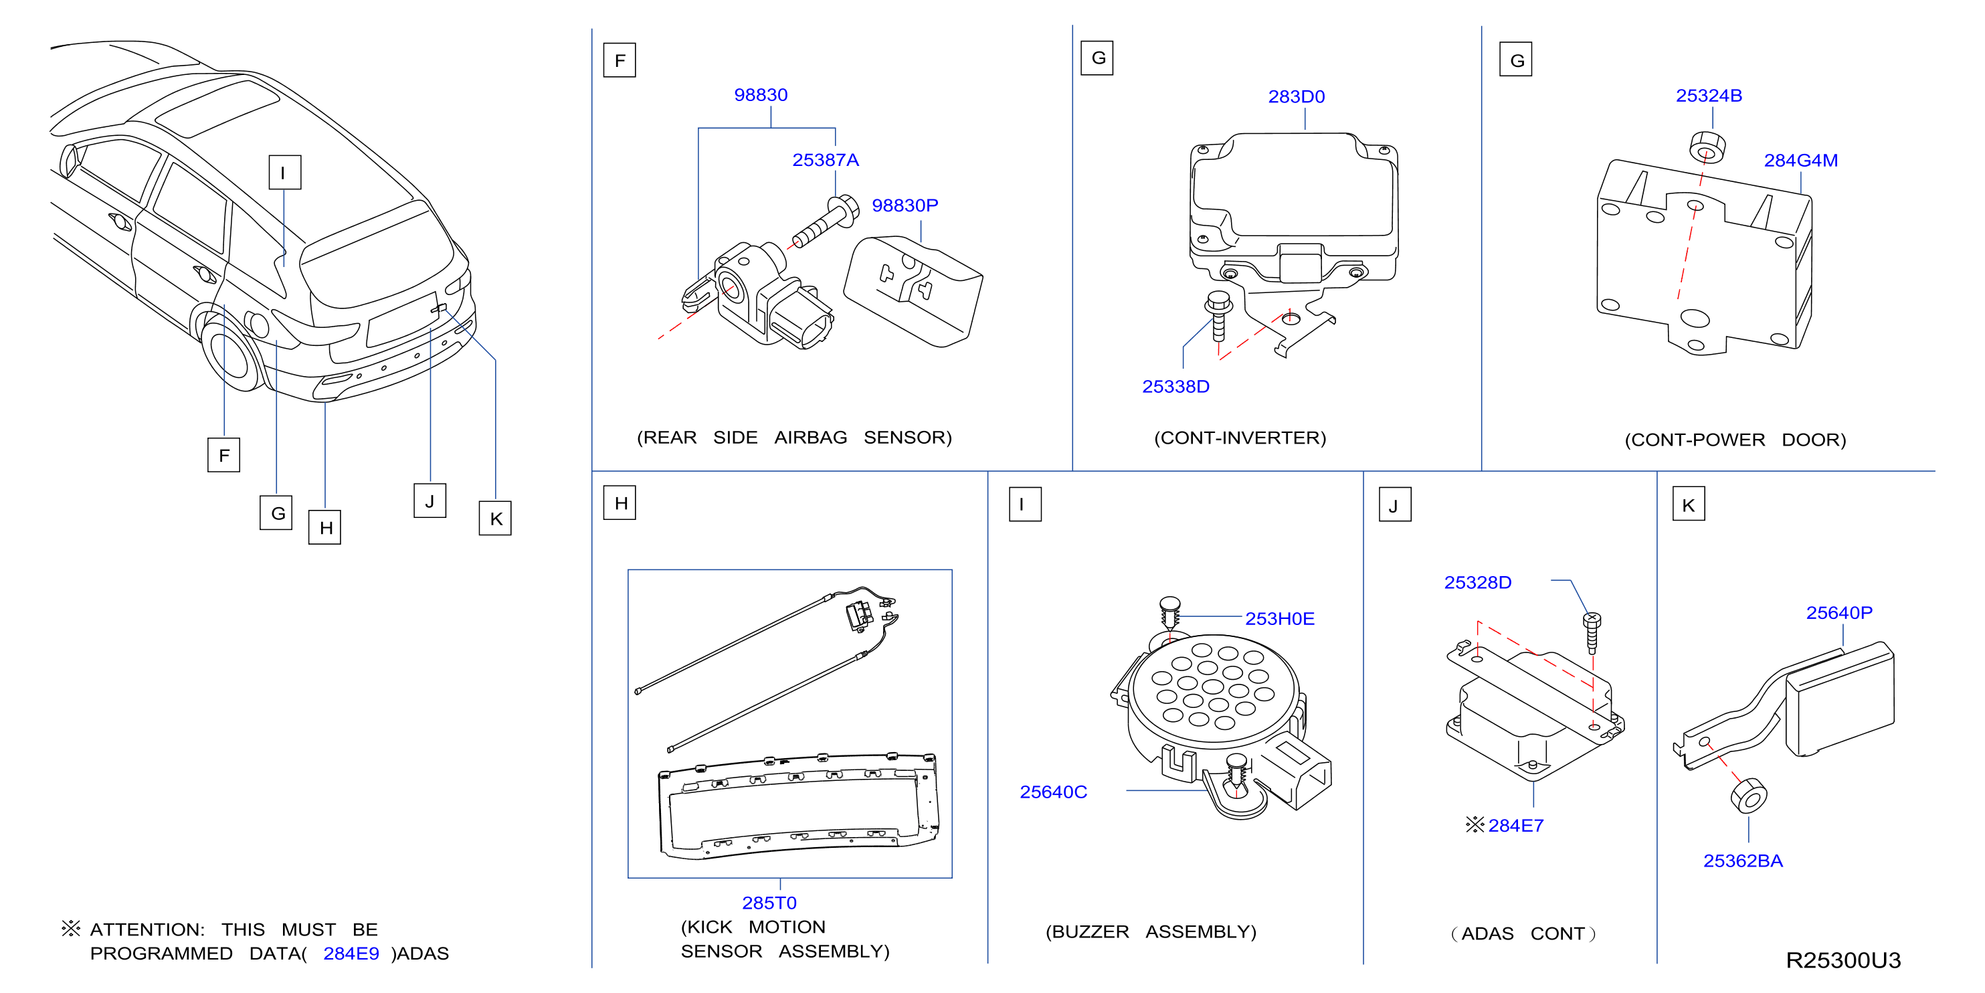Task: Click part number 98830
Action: [x=761, y=95]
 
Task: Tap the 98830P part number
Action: [x=905, y=205]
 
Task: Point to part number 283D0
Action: [x=1296, y=96]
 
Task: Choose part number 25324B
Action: [x=1709, y=96]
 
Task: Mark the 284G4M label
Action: [x=1800, y=161]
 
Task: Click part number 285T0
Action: [x=769, y=903]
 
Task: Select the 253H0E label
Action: [x=1279, y=618]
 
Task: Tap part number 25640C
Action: [x=1052, y=792]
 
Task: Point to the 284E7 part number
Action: [x=1516, y=826]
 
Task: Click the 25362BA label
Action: [x=1742, y=861]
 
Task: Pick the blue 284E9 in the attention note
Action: [x=351, y=954]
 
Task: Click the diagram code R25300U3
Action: [x=1843, y=960]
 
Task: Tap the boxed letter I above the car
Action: [x=284, y=172]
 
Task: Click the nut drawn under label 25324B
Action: [x=1707, y=147]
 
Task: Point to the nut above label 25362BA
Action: [x=1748, y=796]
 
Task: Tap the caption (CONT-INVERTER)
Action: [x=1240, y=438]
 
